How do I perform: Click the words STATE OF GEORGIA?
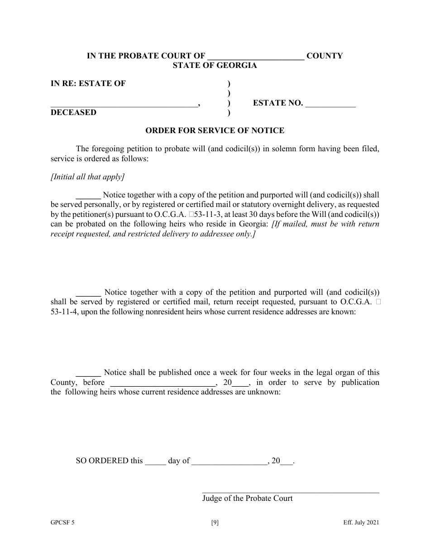[x=215, y=66]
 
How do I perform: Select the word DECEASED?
[x=73, y=113]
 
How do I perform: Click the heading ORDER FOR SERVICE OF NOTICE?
[x=215, y=130]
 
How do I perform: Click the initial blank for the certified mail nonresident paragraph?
[x=88, y=293]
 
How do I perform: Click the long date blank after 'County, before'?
[x=163, y=383]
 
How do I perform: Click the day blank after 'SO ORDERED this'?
[x=155, y=462]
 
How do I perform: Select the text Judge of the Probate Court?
[x=247, y=499]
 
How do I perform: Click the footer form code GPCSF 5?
[x=62, y=523]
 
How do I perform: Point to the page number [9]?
[x=215, y=523]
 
